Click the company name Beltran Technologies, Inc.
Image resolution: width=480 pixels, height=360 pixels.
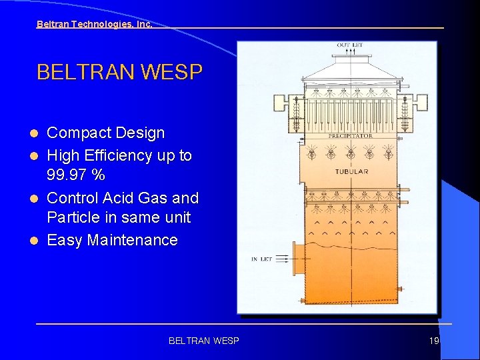94,24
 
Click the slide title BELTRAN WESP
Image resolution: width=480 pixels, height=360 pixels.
119,72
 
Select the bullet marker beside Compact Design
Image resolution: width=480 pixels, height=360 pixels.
38,133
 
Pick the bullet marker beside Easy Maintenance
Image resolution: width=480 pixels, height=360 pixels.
38,241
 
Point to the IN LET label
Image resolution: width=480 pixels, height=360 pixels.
261,259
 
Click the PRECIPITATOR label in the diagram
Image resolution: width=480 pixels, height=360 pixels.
351,136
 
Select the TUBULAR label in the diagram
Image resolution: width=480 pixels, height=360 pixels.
351,172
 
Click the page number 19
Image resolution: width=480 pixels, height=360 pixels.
434,341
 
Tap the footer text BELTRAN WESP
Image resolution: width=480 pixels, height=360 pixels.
203,341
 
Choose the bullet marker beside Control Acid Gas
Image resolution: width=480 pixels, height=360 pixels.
38,199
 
